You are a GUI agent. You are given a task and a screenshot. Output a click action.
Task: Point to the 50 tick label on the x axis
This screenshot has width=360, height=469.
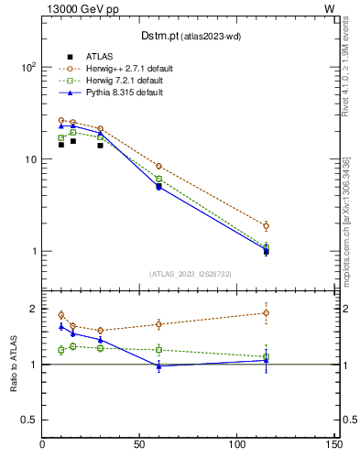coord(140,445)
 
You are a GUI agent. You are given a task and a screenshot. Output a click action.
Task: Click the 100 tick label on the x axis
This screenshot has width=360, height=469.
coord(236,445)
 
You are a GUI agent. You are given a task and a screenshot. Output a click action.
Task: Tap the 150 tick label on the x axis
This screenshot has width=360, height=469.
coord(333,445)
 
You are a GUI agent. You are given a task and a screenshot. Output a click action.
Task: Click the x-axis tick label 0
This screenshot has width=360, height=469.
coord(43,445)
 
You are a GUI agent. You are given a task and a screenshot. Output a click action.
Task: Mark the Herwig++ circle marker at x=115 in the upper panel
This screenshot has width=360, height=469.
coord(266,226)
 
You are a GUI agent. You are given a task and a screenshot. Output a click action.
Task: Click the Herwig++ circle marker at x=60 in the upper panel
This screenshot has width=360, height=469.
coord(159,167)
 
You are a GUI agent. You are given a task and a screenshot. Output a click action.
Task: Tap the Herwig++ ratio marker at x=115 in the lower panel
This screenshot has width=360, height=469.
coord(266,312)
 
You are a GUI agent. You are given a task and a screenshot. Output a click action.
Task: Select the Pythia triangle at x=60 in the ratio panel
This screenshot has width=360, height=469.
coord(159,366)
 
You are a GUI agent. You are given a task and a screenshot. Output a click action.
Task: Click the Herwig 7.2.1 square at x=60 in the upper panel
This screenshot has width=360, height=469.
coord(159,179)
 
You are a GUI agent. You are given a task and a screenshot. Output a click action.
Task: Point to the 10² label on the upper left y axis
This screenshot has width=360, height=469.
coord(28,68)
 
